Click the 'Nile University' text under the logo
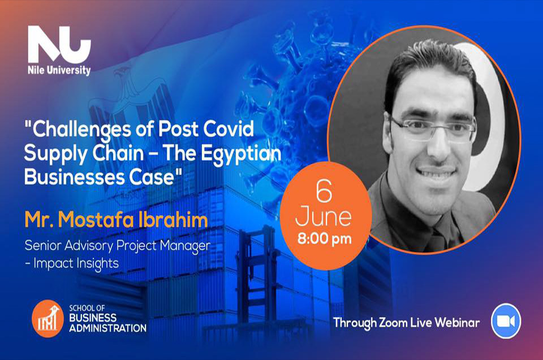59,70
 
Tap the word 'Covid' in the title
229,129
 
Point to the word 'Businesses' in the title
75,177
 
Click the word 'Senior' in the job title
43,245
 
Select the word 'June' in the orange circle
324,217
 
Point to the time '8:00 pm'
325,239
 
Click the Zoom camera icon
506,321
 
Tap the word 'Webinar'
457,323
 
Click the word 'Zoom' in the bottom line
393,323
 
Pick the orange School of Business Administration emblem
48,319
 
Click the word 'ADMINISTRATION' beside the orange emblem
107,328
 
